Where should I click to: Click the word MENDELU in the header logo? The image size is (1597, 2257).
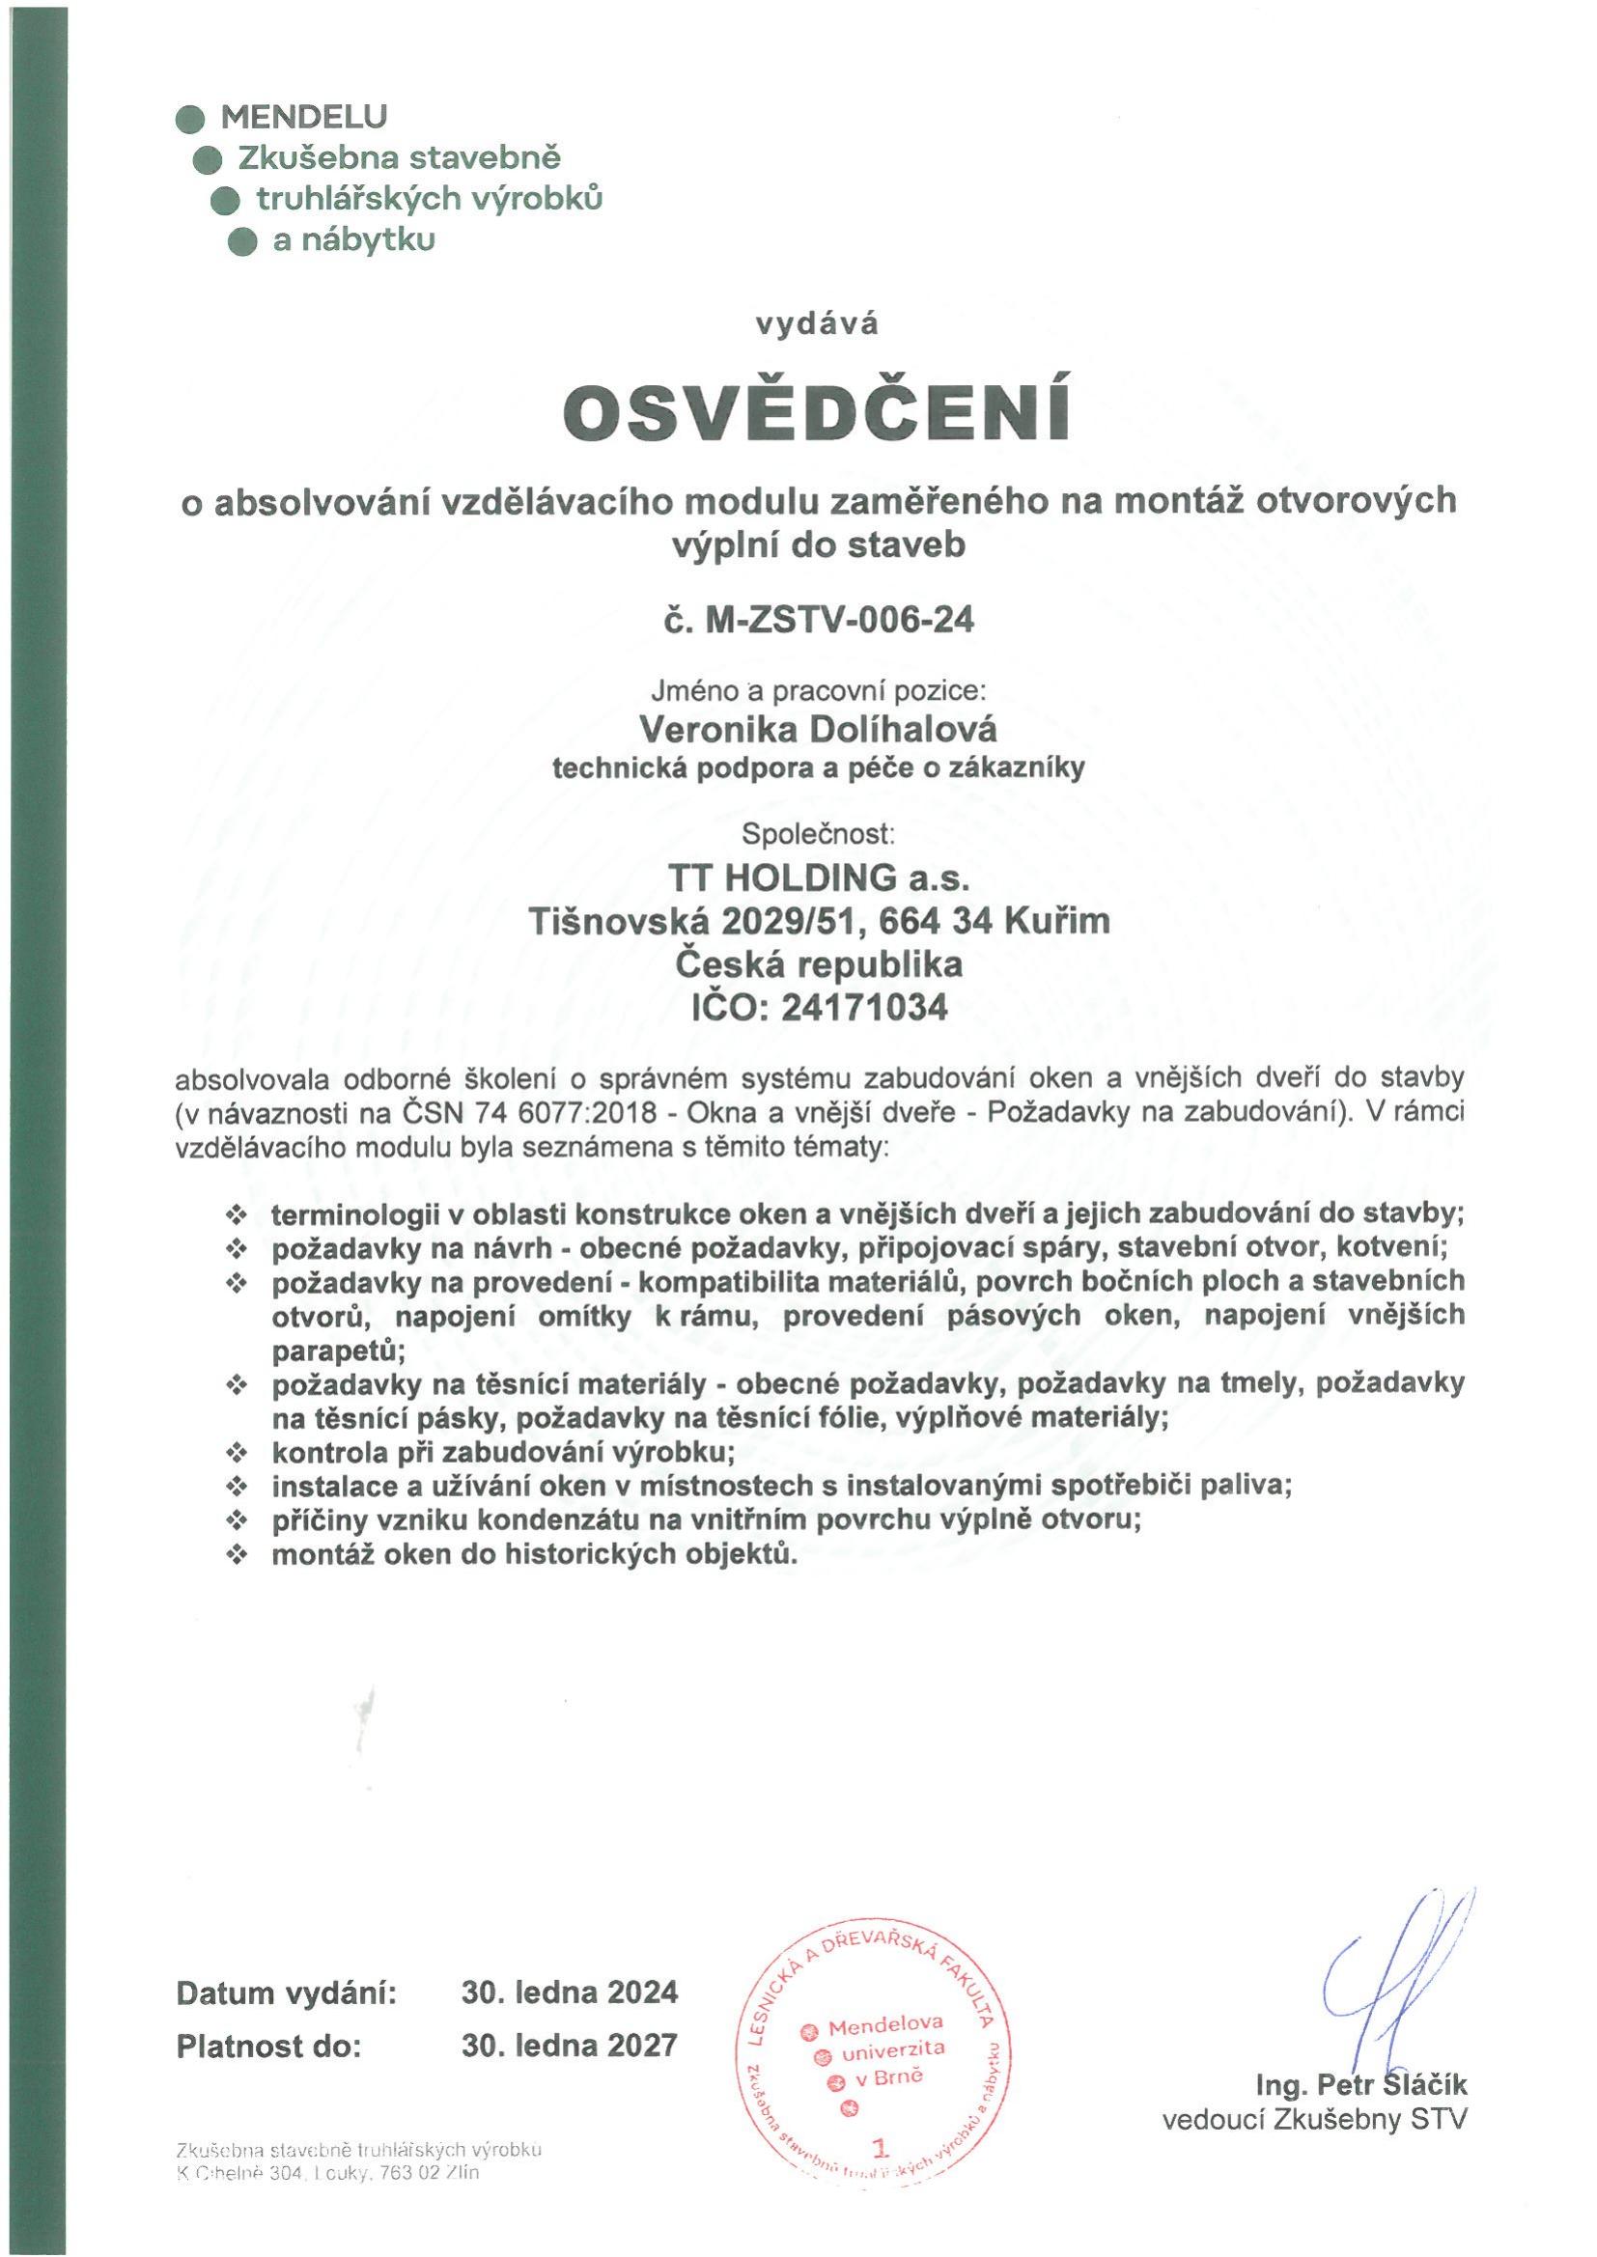pos(304,117)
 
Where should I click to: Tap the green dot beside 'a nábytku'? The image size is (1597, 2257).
pos(241,240)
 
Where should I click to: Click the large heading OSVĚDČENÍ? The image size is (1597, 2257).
pos(815,416)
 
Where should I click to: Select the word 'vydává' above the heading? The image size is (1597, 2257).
pos(815,324)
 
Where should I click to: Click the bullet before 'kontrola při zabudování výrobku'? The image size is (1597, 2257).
pos(236,1453)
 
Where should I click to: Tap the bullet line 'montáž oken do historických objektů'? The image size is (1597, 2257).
pos(531,1555)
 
